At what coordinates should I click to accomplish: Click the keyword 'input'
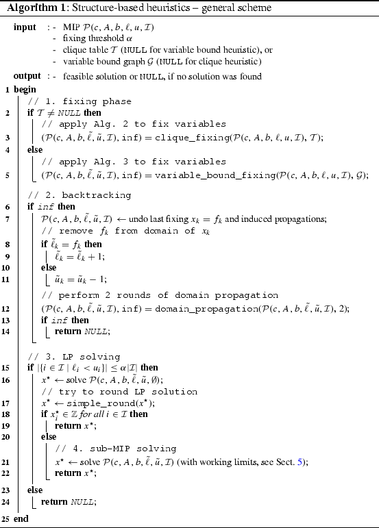tap(25, 27)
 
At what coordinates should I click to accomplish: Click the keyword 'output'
tap(27, 76)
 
